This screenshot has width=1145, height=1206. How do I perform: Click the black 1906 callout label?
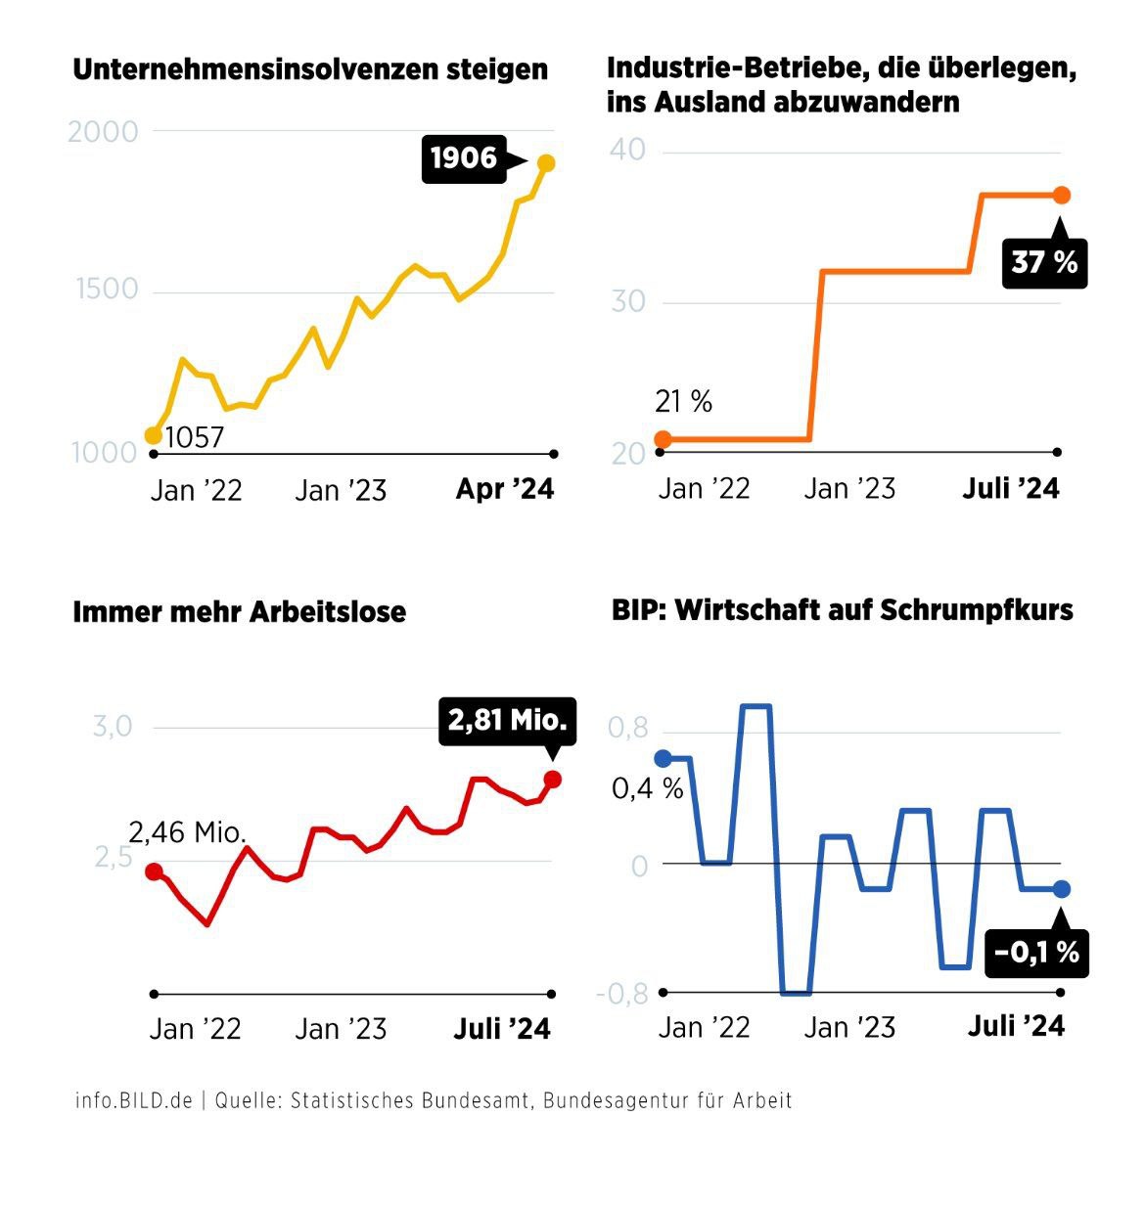464,158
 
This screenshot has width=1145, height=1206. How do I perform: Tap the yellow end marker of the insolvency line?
546,163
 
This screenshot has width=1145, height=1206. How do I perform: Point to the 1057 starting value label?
195,437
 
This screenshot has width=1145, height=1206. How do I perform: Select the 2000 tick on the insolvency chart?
103,132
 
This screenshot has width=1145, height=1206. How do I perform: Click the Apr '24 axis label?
505,489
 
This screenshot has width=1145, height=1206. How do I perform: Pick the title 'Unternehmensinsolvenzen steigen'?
310,70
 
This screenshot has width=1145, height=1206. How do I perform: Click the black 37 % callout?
1044,262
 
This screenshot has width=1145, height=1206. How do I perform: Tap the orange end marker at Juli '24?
1062,196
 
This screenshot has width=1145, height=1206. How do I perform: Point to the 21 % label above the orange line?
683,401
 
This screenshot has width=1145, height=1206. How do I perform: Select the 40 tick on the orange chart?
627,151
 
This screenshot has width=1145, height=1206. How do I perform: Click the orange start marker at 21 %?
663,439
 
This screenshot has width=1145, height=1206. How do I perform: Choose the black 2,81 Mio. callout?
507,721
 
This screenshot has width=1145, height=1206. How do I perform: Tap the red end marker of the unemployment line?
552,780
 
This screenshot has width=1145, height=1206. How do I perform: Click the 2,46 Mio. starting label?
187,832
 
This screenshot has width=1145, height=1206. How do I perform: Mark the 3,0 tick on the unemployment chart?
113,727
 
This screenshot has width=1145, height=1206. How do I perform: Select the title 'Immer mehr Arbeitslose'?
239,612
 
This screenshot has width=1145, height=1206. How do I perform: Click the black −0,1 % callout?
1036,951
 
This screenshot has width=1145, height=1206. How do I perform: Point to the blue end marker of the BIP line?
1062,889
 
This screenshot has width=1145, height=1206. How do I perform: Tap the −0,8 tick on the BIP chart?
621,994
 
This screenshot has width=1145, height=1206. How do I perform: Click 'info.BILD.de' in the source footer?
133,1100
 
